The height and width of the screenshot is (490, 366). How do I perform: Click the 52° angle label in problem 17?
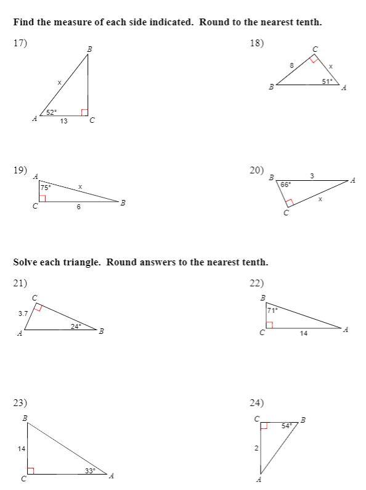52,112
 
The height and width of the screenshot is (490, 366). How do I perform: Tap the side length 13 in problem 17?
63,122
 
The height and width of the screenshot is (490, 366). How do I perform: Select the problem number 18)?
256,43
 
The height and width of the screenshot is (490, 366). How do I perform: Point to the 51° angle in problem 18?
327,80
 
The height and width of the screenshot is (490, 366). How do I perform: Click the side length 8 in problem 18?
291,65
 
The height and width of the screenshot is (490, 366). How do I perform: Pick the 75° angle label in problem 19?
46,187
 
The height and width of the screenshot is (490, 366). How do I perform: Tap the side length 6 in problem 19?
78,207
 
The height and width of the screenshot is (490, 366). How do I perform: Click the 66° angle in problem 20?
285,184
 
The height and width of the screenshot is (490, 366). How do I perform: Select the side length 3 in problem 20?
312,176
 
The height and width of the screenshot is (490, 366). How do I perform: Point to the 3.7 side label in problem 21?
23,314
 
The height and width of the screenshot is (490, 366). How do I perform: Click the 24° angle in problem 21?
76,326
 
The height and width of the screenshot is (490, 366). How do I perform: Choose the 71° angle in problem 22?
272,310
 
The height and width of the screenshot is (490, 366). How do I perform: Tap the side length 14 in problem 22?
304,333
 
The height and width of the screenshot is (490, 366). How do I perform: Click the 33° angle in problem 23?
91,471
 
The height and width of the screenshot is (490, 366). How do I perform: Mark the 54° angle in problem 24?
287,426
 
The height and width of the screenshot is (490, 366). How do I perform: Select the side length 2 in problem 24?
256,448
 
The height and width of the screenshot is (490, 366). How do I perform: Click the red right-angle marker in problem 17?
84,112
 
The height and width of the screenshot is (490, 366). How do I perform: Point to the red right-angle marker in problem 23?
30,471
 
